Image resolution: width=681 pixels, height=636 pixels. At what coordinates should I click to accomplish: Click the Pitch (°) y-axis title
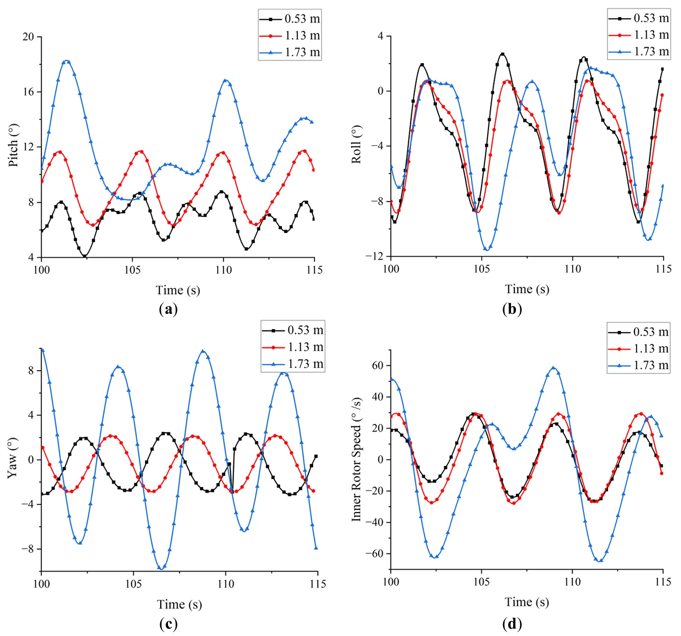coord(14,145)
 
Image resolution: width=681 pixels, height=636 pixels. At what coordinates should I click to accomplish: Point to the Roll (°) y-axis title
coord(357,144)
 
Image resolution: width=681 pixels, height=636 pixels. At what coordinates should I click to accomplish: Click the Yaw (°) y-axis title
coord(13,458)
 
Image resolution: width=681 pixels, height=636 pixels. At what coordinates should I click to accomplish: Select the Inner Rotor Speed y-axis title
coord(357,459)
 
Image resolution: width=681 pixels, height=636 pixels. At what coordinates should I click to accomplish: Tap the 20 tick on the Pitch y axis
coord(28,37)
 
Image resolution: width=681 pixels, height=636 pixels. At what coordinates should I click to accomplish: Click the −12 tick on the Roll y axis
coord(375,256)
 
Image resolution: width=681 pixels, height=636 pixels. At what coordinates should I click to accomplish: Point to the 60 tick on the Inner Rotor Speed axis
coord(377,365)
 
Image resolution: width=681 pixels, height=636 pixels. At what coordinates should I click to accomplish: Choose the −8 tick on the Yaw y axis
coord(27,549)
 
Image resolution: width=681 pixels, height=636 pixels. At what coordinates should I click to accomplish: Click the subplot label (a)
coord(168,309)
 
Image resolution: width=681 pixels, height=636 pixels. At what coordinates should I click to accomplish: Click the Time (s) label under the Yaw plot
coord(179,604)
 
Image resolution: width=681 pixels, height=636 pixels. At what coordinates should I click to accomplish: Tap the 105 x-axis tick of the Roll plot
coord(482,269)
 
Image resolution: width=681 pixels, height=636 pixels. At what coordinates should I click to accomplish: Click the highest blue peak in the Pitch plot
coord(67,61)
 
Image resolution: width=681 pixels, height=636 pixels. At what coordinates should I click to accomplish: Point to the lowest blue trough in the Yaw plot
coord(161,568)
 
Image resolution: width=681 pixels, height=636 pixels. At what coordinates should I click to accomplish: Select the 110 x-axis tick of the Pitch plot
coord(223,270)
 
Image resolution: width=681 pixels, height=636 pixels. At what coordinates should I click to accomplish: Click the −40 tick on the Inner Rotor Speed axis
coord(375,522)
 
